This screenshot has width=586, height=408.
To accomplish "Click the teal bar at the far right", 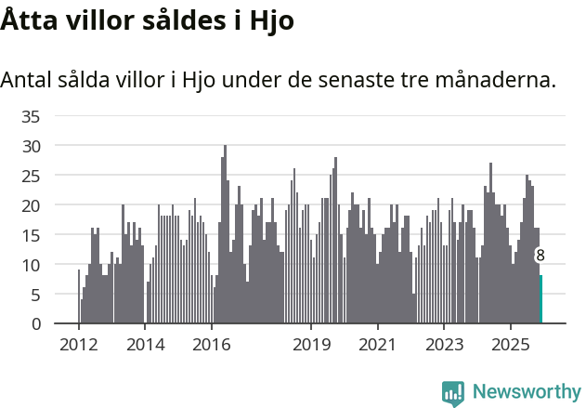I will click(540, 299).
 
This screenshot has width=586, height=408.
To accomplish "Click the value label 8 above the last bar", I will click(540, 256).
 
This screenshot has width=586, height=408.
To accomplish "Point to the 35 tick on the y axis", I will click(31, 116).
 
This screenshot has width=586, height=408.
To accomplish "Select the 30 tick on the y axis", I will click(31, 146).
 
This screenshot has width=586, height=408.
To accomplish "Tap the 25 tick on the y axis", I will click(31, 176).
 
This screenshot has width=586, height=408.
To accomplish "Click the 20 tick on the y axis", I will click(31, 205).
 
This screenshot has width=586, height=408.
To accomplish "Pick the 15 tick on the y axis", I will click(31, 235).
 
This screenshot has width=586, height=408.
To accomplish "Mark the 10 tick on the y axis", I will click(31, 265).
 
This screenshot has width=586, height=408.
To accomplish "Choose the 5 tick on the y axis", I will click(35, 295).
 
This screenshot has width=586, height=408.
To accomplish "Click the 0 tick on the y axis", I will click(35, 324).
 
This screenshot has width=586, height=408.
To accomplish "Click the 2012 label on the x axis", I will click(79, 345).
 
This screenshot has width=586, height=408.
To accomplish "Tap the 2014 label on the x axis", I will click(145, 345).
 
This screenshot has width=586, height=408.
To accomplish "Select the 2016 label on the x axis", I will click(212, 345).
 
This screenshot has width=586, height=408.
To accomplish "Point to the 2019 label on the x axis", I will click(311, 345).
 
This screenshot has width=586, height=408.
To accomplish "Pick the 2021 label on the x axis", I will click(377, 345).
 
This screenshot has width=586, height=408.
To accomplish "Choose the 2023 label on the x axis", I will click(444, 345).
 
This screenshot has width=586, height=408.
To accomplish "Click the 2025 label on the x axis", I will click(511, 345).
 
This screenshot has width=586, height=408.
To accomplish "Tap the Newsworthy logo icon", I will click(453, 393).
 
